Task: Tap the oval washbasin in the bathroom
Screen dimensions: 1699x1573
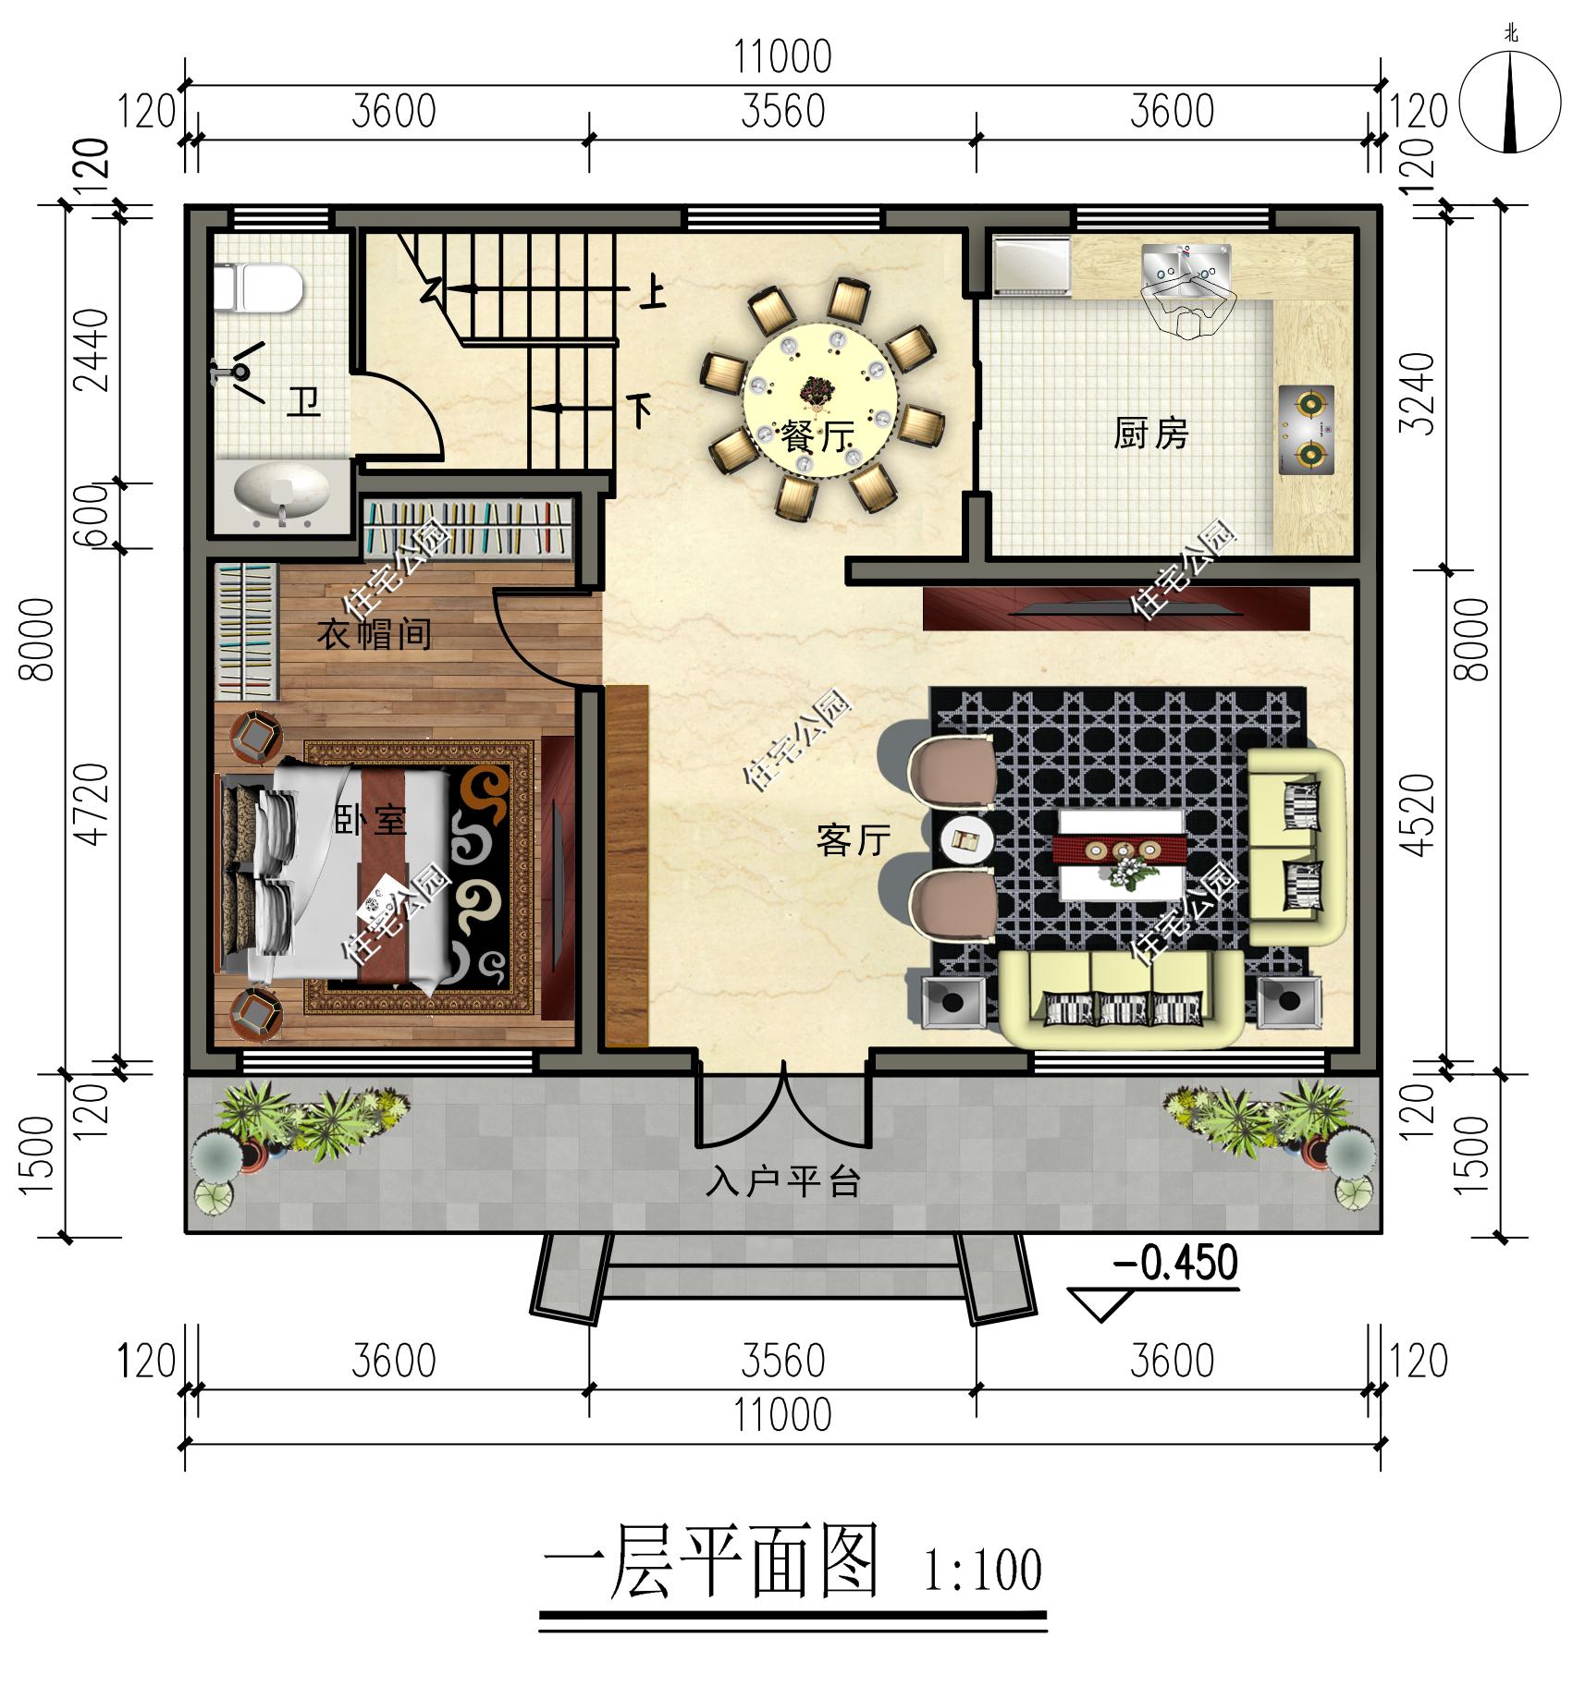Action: pos(283,493)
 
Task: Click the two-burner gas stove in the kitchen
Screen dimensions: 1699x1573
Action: pos(1306,429)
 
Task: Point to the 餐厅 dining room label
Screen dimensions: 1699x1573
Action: pos(817,435)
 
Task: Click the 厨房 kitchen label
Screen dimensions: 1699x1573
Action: pos(1150,434)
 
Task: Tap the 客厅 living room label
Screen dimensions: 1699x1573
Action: pos(854,839)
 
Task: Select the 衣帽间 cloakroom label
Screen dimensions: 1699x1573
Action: pos(374,634)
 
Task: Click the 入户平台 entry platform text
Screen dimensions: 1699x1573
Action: pos(783,1181)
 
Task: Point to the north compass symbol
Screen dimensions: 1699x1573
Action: pos(1510,102)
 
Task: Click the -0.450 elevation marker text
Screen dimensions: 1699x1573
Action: pos(1175,1262)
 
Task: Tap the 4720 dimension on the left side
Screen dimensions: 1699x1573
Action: pos(93,804)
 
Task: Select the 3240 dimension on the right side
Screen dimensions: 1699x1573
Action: pos(1417,393)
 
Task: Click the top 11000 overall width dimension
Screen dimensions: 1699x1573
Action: pos(782,57)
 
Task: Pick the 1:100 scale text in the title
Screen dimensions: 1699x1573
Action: pos(982,1570)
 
